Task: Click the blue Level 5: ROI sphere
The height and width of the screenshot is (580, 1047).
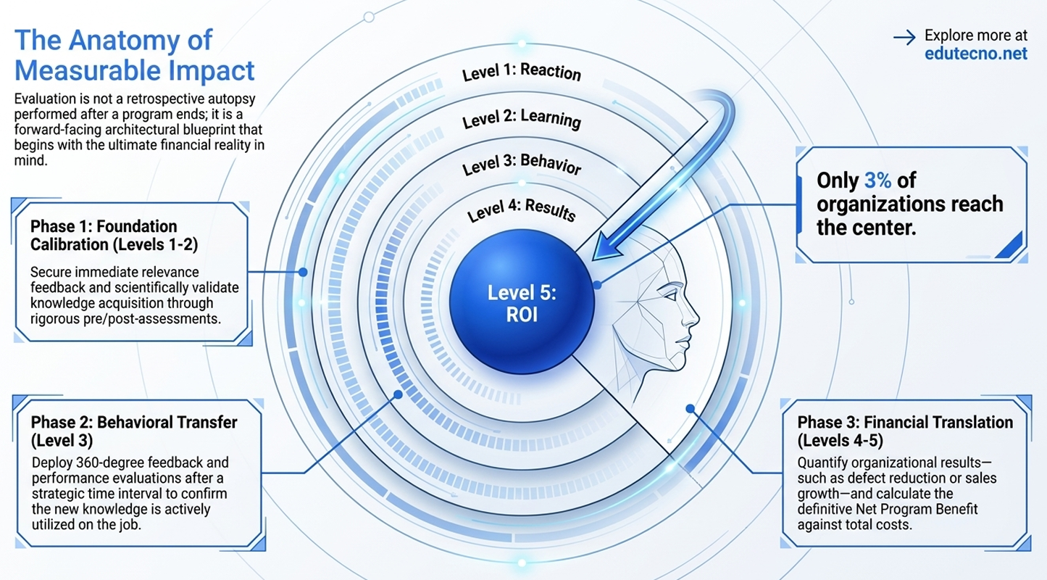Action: pos(522,302)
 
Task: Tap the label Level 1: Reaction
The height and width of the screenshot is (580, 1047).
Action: pos(522,72)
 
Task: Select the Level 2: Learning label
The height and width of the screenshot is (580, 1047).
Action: pos(522,118)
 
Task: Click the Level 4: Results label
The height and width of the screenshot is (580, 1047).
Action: pos(522,210)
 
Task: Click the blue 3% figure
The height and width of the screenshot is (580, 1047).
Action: pos(877,181)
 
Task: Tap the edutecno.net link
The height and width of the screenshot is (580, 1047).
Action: pos(976,54)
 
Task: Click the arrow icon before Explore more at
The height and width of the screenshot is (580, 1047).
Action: pos(904,38)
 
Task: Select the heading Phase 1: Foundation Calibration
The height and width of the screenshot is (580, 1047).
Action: pos(114,236)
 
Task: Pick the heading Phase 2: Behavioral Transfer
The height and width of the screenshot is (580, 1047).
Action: pos(134,431)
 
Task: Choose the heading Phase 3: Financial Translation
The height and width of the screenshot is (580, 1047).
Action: pos(905,431)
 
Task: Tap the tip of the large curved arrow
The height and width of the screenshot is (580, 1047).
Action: pos(593,260)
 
